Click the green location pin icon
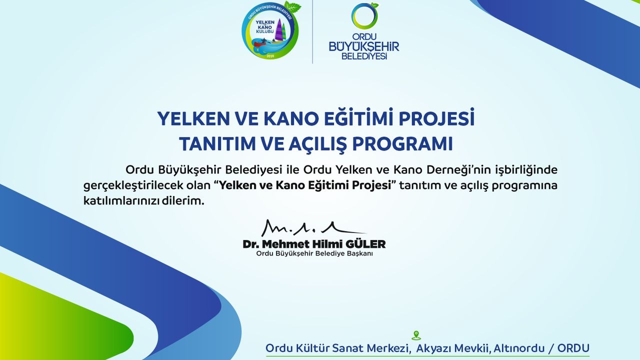click(416, 335)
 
